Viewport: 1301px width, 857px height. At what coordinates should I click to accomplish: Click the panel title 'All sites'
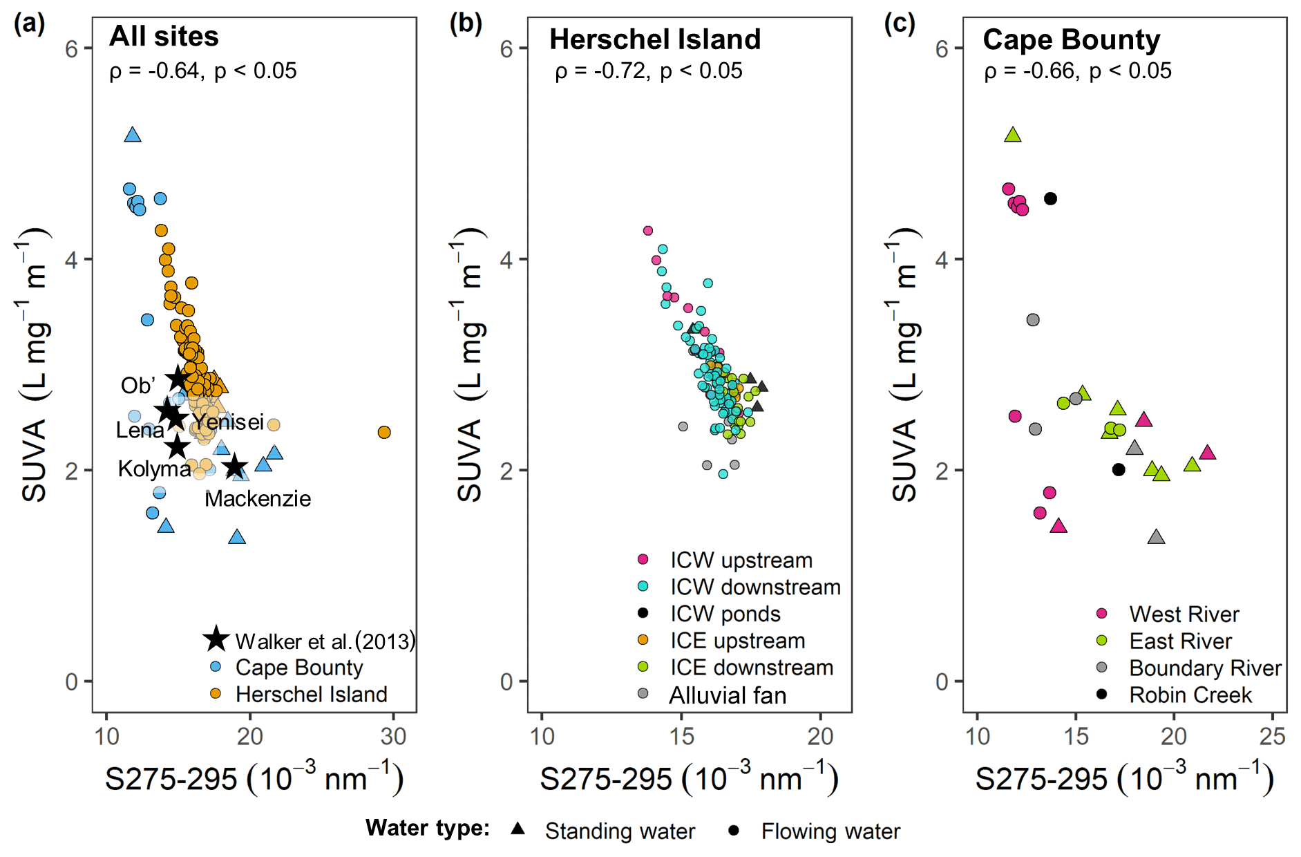164,37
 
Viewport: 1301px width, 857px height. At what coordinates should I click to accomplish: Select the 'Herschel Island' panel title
654,39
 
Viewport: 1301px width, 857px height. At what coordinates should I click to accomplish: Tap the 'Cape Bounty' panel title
1071,39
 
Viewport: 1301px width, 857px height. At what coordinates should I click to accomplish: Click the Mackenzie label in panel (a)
258,498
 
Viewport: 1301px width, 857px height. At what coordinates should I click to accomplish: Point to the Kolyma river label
154,469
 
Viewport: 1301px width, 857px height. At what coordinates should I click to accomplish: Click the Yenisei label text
228,422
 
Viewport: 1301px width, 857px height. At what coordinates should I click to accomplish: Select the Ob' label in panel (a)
137,386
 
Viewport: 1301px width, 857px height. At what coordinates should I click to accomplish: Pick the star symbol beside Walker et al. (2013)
216,639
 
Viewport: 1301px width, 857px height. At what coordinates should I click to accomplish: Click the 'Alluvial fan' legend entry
728,695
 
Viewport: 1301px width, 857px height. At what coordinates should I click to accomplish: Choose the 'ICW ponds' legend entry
725,614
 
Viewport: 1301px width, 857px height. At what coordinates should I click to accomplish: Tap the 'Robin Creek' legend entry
1190,695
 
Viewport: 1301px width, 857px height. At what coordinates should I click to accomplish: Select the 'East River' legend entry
1180,641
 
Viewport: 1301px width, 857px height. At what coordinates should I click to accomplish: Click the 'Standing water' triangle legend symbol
517,829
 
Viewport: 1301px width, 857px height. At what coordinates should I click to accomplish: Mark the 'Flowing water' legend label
830,831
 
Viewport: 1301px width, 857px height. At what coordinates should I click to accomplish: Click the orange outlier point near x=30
384,432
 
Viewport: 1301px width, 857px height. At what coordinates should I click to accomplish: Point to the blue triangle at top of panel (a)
133,135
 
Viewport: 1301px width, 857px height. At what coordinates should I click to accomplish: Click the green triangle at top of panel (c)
1013,135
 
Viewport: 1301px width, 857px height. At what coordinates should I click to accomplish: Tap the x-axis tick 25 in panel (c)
1271,737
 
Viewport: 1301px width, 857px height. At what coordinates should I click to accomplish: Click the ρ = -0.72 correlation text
648,71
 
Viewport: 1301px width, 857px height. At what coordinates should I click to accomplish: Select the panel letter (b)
466,24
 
